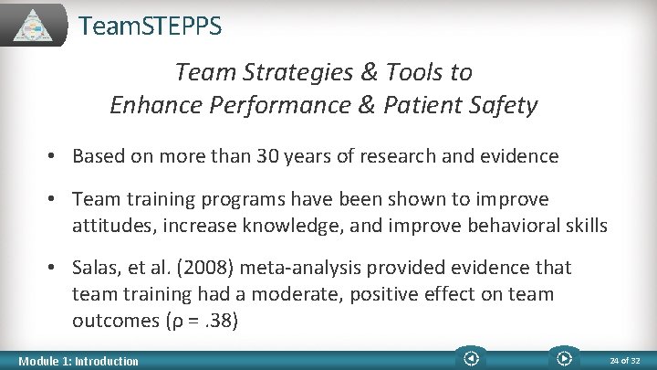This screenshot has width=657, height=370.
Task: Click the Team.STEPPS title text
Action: click(150, 26)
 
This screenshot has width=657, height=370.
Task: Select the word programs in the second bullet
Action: click(261, 199)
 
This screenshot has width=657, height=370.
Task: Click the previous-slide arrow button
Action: click(471, 358)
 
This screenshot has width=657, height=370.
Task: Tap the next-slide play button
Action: click(563, 358)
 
